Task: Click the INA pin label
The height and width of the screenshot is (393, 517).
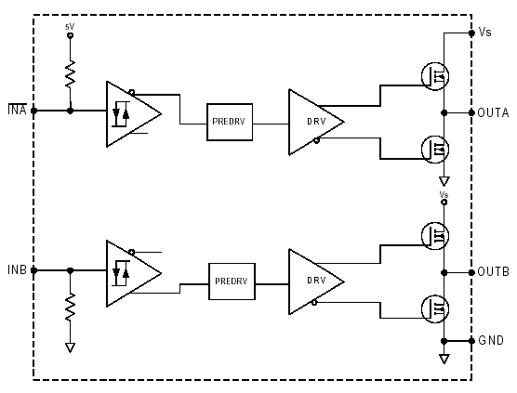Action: (17, 110)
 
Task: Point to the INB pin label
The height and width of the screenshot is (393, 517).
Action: (17, 269)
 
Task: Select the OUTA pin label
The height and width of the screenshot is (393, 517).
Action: (493, 113)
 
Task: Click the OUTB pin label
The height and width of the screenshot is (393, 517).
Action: (493, 272)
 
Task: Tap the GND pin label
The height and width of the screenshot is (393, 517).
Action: (491, 340)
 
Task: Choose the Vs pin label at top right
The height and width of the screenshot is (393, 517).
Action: (484, 32)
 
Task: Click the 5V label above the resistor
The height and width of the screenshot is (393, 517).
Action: (70, 27)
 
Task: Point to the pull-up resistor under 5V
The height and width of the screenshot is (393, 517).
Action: (70, 74)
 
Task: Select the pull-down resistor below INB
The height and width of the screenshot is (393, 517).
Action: (70, 307)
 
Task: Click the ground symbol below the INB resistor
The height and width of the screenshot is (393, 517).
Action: (70, 347)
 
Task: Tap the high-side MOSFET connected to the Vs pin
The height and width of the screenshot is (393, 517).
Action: (435, 76)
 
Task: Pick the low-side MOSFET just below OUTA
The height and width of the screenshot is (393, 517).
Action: (435, 150)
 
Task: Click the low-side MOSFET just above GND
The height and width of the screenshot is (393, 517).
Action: (435, 309)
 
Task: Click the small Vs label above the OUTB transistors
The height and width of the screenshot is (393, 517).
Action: (444, 195)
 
